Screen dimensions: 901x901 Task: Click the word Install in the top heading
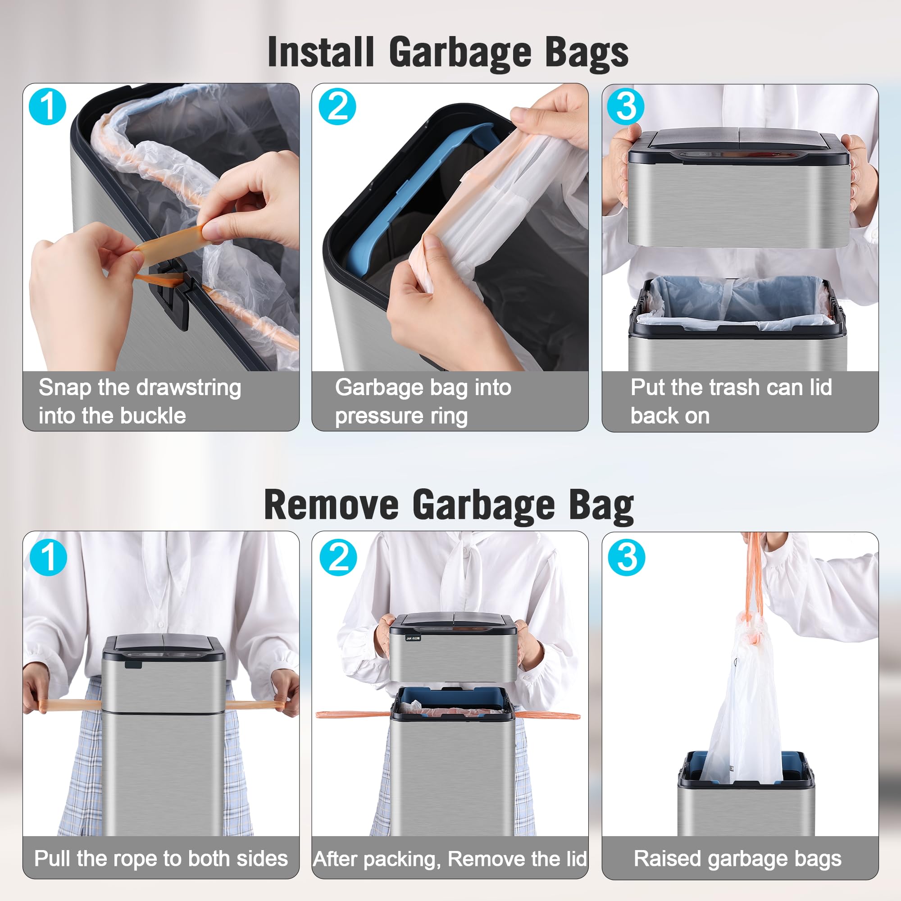[321, 52]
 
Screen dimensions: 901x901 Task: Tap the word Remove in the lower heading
[331, 505]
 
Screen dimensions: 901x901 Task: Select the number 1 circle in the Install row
[47, 106]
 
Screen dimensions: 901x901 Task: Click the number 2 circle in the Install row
[337, 106]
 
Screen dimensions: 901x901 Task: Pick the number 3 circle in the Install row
[625, 106]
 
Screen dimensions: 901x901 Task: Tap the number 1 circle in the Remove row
[48, 557]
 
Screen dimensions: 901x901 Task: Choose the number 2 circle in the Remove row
[338, 557]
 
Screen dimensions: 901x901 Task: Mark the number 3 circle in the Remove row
[626, 557]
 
